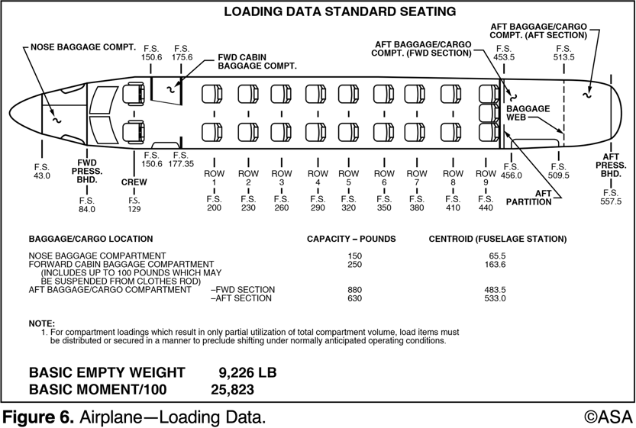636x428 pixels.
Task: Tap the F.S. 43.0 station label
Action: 41,171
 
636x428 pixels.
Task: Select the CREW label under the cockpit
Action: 134,182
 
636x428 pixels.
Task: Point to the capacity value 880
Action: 352,289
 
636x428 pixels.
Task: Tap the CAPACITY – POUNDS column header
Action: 351,239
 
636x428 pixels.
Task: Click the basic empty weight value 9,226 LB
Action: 247,372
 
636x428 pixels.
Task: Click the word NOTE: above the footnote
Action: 41,323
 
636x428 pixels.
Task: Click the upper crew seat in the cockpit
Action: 136,94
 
